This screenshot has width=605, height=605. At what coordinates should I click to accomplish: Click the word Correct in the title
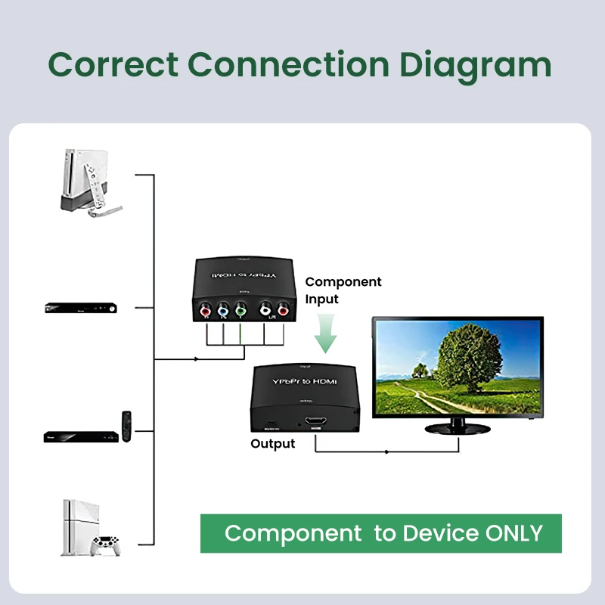pyautogui.click(x=113, y=65)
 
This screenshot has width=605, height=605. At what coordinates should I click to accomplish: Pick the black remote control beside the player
pyautogui.click(x=127, y=427)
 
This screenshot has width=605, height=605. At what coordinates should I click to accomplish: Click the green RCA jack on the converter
pyautogui.click(x=240, y=309)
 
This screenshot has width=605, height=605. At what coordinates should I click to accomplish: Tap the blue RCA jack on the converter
pyautogui.click(x=223, y=309)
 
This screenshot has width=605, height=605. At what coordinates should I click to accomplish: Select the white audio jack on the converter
pyautogui.click(x=265, y=309)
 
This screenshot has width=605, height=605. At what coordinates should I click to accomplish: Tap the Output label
pyautogui.click(x=272, y=443)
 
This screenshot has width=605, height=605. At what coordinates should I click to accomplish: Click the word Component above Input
pyautogui.click(x=343, y=282)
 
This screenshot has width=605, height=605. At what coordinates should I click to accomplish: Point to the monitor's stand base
pyautogui.click(x=458, y=427)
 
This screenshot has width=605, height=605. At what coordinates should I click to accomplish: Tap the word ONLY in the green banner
pyautogui.click(x=514, y=533)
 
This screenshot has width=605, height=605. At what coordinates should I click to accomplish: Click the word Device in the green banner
pyautogui.click(x=440, y=533)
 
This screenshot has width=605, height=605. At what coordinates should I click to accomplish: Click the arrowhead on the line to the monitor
pyautogui.click(x=387, y=452)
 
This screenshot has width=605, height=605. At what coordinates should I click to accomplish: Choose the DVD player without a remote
pyautogui.click(x=79, y=308)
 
